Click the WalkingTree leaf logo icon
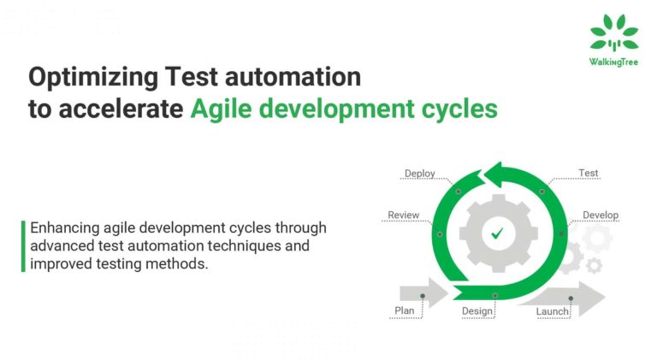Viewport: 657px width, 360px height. [x=613, y=33]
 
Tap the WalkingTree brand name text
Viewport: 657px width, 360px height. [x=613, y=62]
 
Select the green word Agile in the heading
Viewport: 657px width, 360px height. [x=225, y=109]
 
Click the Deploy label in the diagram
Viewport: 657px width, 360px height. [x=419, y=174]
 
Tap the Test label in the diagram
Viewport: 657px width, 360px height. [x=588, y=173]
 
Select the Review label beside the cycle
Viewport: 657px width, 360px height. [x=403, y=215]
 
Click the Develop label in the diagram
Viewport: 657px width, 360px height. [x=600, y=215]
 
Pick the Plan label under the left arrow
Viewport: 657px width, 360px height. [x=404, y=310]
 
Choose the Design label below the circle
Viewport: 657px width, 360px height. [x=476, y=310]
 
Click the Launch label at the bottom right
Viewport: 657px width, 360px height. [x=552, y=311]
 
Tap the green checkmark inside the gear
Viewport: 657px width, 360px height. [x=496, y=233]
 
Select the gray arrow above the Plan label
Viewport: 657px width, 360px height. [x=422, y=294]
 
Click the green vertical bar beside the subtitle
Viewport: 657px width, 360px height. [x=23, y=246]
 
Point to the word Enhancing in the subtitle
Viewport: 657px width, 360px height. [x=64, y=229]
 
